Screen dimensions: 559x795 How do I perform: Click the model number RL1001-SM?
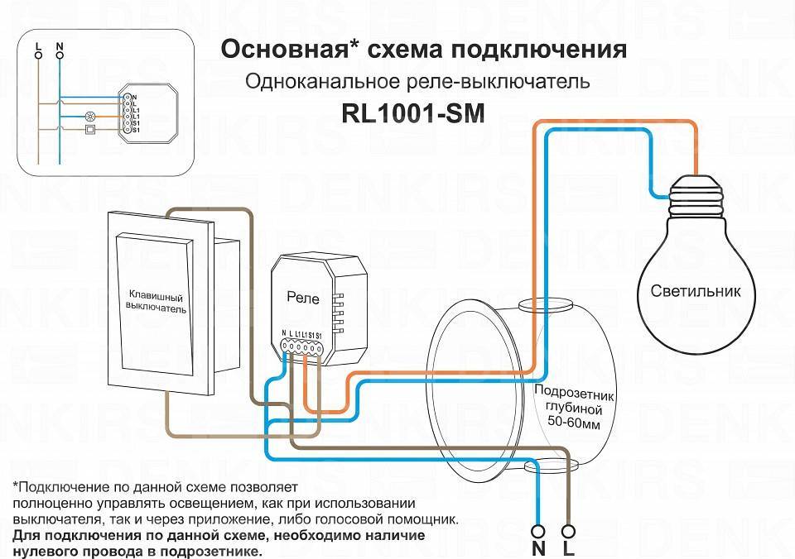click(412, 113)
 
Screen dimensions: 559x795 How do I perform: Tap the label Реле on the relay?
click(302, 295)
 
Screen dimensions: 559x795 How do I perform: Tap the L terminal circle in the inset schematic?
click(38, 54)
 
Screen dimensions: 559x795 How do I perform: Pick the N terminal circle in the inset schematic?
click(59, 54)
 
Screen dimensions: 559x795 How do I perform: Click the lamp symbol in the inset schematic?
click(90, 117)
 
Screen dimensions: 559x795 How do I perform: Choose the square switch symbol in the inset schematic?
click(90, 129)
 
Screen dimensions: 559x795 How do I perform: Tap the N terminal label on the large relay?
click(283, 333)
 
